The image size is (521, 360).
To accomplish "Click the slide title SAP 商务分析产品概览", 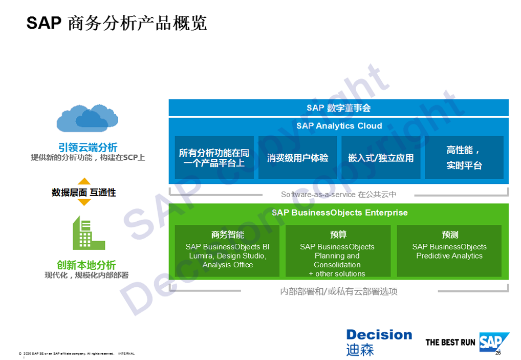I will click(x=117, y=23).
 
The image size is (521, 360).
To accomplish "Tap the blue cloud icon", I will click(x=87, y=118).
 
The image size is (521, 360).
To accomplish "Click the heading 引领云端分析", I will click(x=88, y=147).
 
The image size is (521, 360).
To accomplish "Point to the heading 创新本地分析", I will click(x=86, y=265).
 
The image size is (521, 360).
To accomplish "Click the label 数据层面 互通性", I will click(x=84, y=193).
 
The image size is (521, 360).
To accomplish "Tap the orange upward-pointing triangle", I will click(x=84, y=181).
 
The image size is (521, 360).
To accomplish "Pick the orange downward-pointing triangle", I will click(x=84, y=203).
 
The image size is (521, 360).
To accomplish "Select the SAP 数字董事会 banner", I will click(x=338, y=108).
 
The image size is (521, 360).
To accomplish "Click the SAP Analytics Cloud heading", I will click(x=339, y=125).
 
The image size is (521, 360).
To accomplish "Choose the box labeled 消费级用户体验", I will click(x=297, y=158).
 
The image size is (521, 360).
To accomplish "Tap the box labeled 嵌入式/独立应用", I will click(x=381, y=158).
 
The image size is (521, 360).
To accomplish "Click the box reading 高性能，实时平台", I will click(x=464, y=158).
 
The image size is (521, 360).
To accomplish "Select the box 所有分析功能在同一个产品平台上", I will click(x=214, y=158).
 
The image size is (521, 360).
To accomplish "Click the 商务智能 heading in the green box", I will click(x=227, y=235).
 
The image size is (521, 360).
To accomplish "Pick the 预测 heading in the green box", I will click(x=450, y=235).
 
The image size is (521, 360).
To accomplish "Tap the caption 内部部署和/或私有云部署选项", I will click(x=339, y=291).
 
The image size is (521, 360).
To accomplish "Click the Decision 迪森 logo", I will click(x=379, y=342).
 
